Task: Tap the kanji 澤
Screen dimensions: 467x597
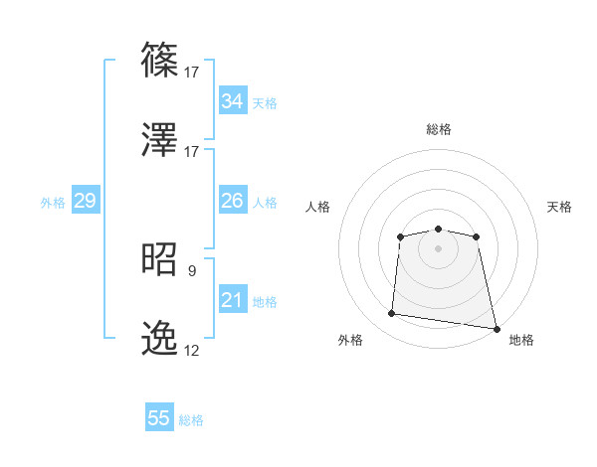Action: point(161,141)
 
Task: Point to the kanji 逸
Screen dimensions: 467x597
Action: point(161,341)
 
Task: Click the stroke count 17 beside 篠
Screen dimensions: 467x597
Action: point(192,72)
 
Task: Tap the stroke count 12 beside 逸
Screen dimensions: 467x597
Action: point(192,351)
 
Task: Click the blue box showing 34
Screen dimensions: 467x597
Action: point(233,101)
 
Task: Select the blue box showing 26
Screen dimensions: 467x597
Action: point(233,201)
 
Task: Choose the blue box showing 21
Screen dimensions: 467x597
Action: point(233,300)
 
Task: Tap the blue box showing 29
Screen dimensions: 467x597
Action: point(85,202)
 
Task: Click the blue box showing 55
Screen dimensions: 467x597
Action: point(159,419)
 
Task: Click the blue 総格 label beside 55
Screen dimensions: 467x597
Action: point(192,420)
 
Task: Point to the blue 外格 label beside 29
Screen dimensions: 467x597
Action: point(53,203)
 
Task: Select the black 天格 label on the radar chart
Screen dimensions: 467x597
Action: point(559,207)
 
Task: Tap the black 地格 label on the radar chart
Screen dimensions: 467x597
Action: point(521,340)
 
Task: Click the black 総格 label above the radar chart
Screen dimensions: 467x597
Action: point(439,129)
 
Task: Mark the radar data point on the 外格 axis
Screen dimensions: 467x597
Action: point(392,314)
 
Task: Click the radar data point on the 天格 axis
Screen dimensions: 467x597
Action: point(477,236)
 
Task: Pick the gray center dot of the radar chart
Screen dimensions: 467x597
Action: point(438,247)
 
